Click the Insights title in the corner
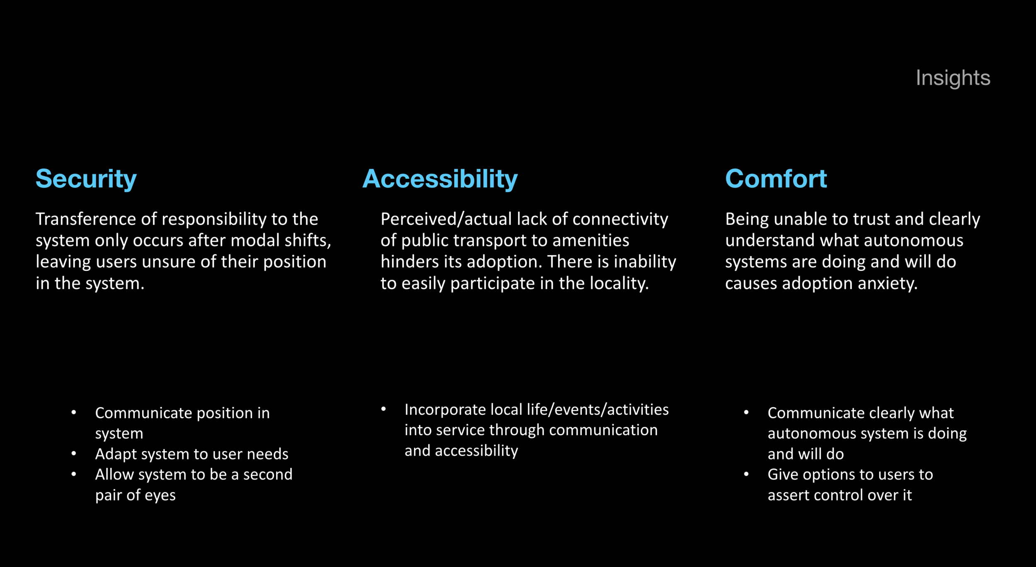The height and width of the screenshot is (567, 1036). (x=953, y=78)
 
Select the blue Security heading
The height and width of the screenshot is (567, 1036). (x=86, y=179)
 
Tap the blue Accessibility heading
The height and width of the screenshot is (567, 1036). (x=440, y=179)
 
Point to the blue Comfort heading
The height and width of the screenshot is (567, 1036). (x=776, y=179)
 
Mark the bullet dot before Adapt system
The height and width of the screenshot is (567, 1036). (x=74, y=454)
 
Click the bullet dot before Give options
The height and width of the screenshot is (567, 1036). (x=746, y=474)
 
